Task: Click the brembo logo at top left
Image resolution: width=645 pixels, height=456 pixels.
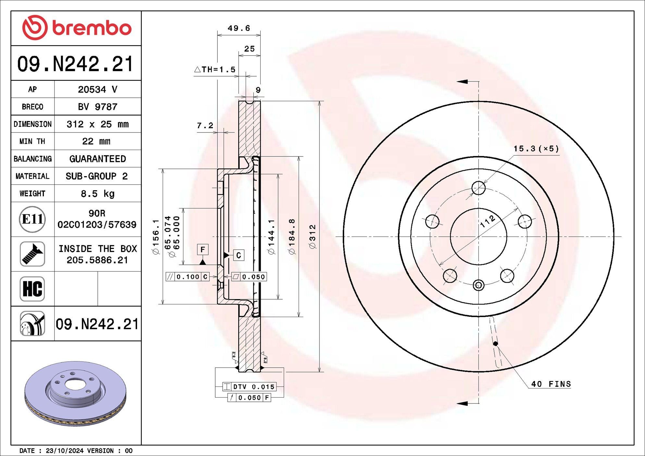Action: [x=77, y=28]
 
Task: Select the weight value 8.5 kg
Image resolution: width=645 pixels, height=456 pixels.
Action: [x=97, y=194]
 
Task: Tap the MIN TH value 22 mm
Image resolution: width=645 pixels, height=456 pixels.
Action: [x=96, y=141]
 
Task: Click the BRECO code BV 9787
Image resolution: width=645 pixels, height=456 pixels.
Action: [x=97, y=107]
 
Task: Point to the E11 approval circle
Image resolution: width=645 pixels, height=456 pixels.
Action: [x=32, y=219]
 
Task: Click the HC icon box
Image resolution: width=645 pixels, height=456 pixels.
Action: [x=32, y=289]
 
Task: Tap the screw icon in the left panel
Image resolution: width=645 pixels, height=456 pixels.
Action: [x=32, y=254]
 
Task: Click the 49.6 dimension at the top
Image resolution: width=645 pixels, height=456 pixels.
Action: [x=239, y=28]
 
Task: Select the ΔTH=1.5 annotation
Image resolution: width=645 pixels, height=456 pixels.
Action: [x=215, y=69]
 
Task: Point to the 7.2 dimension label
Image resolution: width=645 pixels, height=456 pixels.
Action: [x=205, y=125]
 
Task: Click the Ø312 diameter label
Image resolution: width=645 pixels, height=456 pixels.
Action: [x=313, y=237]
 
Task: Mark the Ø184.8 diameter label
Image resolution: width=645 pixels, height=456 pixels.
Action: [x=292, y=237]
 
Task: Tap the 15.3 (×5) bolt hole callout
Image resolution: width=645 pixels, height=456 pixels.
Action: [x=536, y=149]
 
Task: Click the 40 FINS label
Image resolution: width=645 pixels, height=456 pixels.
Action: [x=551, y=384]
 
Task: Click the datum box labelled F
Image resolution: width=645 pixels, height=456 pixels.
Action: [x=203, y=250]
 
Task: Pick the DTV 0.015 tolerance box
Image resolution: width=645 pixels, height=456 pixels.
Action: [x=249, y=387]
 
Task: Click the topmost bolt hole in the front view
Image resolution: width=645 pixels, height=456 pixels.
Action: [x=478, y=188]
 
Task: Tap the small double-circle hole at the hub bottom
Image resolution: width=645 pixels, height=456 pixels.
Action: [x=478, y=285]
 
